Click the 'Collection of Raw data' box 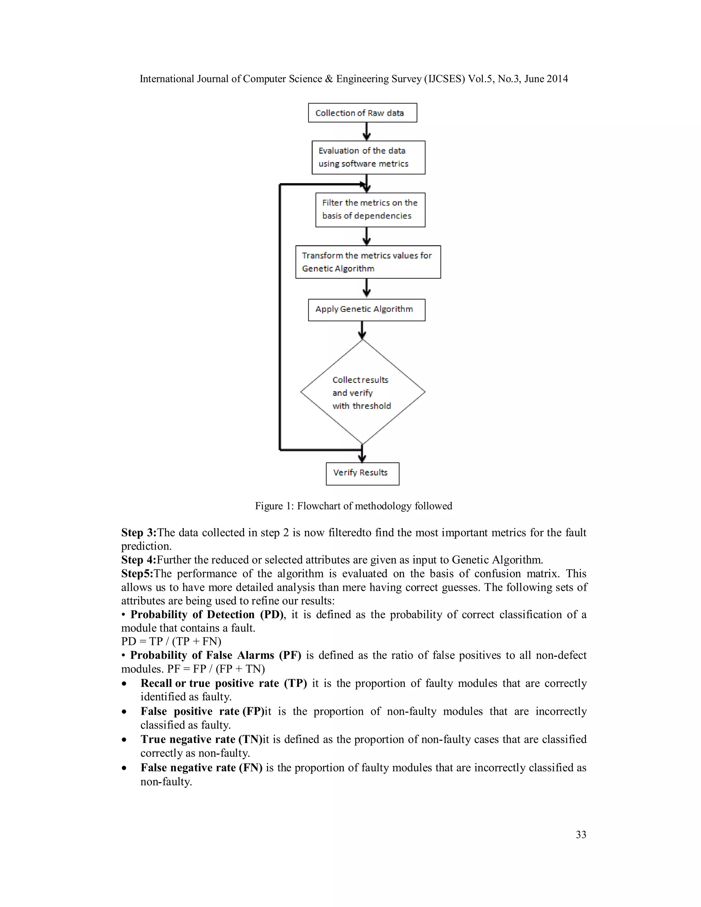coord(362,113)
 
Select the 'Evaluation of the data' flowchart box coord(368,157)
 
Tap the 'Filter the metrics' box coord(370,210)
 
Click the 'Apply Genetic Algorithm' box coord(366,310)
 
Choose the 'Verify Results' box coord(362,474)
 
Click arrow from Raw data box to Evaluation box coord(366,131)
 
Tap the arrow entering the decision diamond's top coord(362,330)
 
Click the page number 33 coord(581,834)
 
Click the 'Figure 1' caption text coord(353,506)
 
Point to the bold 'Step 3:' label coord(139,533)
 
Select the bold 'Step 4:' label coord(139,560)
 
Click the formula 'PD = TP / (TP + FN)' coord(171,641)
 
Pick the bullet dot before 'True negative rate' coord(124,740)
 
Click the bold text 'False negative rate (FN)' coord(201,767)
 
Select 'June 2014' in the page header coord(546,79)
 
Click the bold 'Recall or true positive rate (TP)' coord(224,683)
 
